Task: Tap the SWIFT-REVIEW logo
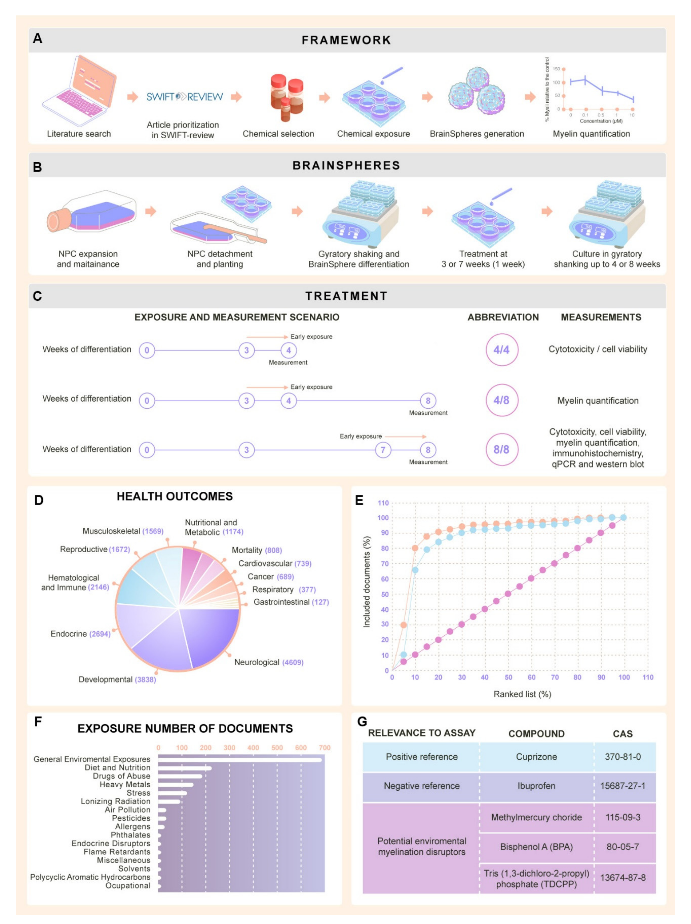[x=184, y=97]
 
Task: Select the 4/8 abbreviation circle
[x=501, y=400]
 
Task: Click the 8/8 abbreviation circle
[x=501, y=450]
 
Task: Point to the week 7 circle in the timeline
[x=383, y=450]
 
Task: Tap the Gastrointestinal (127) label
[x=291, y=602]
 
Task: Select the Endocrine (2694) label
[x=80, y=634]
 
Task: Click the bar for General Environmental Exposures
[x=240, y=760]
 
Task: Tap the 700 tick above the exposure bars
[x=324, y=748]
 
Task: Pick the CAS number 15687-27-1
[x=622, y=786]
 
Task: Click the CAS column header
[x=622, y=734]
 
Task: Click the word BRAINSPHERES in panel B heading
[x=346, y=165]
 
